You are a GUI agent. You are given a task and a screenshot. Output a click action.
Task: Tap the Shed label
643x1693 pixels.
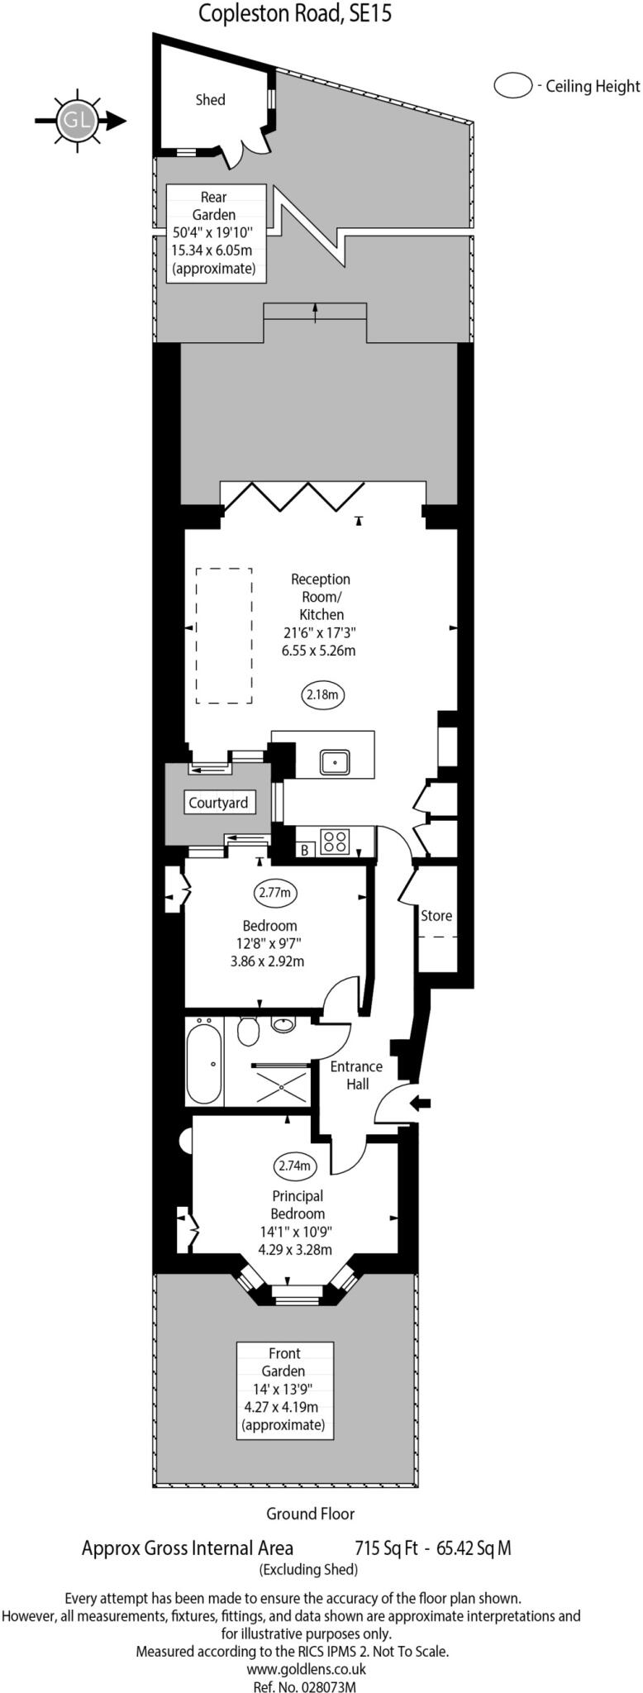210,100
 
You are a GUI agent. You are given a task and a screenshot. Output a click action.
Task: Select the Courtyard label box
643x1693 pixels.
218,803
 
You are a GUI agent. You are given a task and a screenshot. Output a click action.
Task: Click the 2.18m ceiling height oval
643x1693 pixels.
322,695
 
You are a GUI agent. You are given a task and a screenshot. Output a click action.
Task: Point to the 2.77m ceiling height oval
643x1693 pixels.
274,893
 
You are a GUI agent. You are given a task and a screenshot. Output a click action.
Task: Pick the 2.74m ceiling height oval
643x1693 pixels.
295,1166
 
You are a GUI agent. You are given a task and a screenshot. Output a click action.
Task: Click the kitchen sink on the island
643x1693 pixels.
336,761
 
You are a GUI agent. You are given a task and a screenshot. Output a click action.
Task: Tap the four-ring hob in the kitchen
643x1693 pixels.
335,842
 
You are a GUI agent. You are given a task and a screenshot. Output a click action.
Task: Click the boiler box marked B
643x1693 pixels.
304,849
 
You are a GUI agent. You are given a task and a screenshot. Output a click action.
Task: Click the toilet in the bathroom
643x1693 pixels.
247,1030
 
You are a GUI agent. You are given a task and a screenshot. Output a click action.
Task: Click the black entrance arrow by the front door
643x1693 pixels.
421,1103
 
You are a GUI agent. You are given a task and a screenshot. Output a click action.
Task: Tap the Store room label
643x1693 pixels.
436,916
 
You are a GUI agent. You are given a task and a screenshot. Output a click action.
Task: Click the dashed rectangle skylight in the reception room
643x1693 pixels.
224,636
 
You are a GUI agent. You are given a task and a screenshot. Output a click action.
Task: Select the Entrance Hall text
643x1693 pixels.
356,1075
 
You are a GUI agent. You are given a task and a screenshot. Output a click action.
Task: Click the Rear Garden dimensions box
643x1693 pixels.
217,233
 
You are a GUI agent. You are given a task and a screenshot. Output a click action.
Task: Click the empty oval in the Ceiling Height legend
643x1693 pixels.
512,86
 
